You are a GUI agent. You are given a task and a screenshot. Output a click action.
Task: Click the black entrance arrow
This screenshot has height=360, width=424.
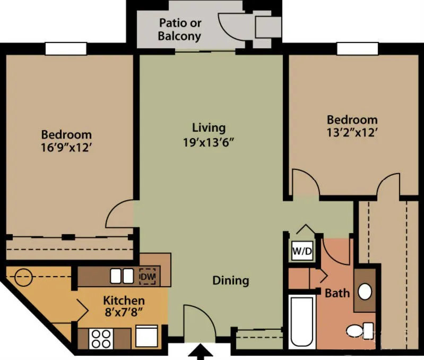tap(201, 353)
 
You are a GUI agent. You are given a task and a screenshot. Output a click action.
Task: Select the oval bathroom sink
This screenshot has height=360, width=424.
tap(365, 291)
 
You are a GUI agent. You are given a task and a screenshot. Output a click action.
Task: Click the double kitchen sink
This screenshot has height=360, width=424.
tap(122, 276)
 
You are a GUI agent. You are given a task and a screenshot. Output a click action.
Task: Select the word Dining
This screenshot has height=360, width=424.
tap(231, 280)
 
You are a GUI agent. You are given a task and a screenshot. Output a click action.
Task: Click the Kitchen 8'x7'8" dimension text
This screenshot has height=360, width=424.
tap(124, 313)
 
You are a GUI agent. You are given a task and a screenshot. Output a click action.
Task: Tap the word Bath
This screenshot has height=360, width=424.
tap(337, 293)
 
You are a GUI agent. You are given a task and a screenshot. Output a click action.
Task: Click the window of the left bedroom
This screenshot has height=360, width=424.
tap(66, 48)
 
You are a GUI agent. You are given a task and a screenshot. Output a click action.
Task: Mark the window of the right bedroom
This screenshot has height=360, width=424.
tap(357, 48)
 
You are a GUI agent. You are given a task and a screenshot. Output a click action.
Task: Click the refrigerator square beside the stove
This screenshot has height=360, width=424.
tap(146, 336)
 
